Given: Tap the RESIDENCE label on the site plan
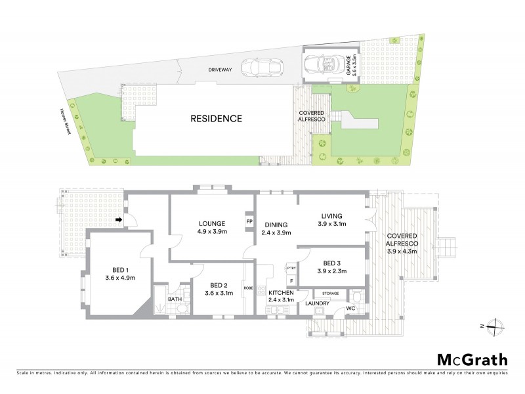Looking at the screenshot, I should tap(217, 119).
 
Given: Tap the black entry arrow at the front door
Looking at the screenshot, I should tap(119, 219).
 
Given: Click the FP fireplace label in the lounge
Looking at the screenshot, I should tap(249, 222).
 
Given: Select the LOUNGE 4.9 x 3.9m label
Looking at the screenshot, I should tap(212, 227).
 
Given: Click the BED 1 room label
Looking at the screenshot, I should tap(118, 273).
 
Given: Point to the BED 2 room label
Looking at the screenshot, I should tap(219, 288).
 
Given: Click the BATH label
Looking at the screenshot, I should tap(174, 299).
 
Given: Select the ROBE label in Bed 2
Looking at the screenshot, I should tap(248, 287).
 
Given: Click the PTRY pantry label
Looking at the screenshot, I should tap(291, 268).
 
